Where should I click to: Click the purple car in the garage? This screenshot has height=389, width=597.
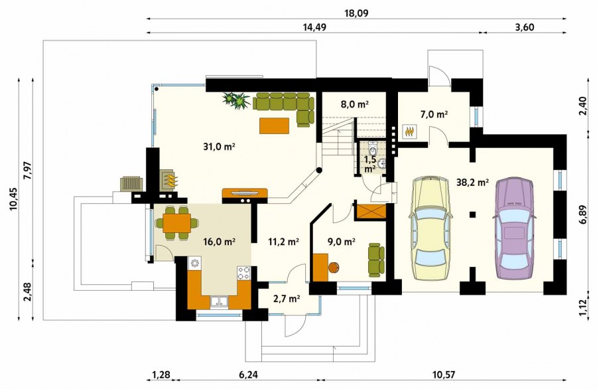[514, 228]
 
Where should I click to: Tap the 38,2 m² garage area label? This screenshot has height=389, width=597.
[472, 183]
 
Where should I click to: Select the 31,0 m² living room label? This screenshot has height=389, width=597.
[218, 146]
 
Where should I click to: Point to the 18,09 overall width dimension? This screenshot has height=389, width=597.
[356, 14]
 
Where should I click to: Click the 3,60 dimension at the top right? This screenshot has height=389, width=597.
[524, 27]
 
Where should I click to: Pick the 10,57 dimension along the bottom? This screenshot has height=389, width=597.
[444, 375]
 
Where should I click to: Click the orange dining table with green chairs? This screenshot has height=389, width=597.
[176, 223]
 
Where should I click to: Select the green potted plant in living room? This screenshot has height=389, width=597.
[236, 100]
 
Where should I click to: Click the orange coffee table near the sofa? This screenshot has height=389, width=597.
[274, 125]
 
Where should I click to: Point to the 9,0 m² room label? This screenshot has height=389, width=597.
[342, 241]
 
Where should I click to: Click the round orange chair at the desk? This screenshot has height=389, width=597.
[334, 268]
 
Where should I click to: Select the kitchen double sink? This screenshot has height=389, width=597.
[220, 302]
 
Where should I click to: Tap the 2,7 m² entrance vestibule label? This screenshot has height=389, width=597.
[287, 299]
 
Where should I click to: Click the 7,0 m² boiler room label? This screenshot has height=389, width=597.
[434, 114]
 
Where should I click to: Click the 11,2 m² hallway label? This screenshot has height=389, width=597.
[283, 241]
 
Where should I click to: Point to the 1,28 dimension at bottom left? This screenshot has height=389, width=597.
[161, 375]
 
